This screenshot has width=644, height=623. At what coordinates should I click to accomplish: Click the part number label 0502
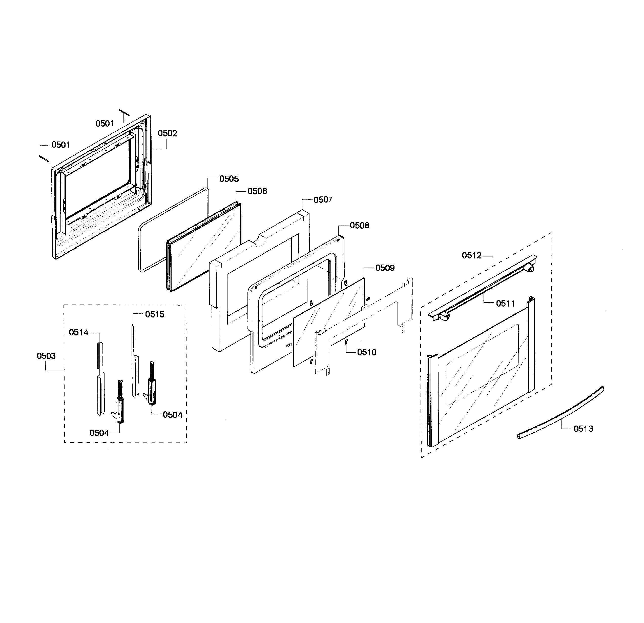click(x=167, y=133)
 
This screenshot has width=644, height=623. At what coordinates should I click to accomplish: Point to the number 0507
click(x=323, y=200)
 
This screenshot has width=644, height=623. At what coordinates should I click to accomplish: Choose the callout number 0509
click(x=385, y=268)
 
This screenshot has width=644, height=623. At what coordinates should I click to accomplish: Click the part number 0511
click(x=505, y=304)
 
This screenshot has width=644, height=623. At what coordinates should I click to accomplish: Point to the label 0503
click(x=46, y=356)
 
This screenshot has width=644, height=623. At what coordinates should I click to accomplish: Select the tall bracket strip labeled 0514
click(x=100, y=378)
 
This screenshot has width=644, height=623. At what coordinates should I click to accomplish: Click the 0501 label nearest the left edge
click(x=60, y=145)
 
